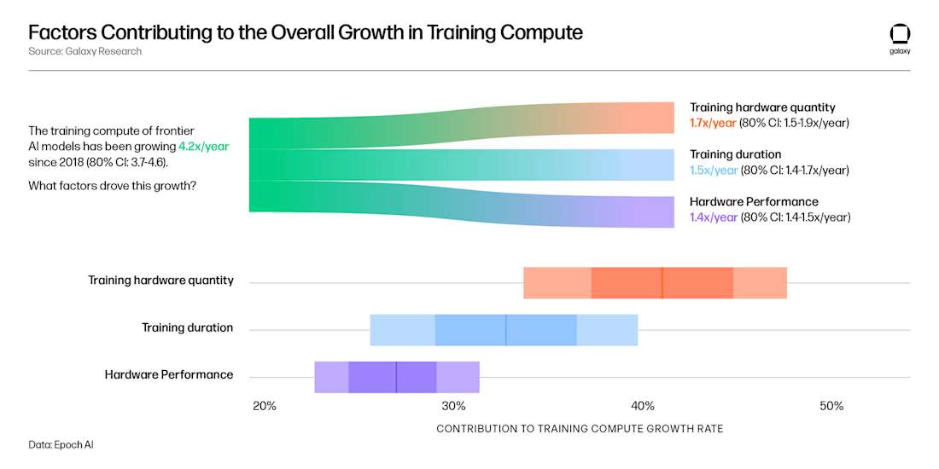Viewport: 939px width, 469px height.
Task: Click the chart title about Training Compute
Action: [306, 32]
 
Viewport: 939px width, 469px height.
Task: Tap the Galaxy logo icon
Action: [900, 34]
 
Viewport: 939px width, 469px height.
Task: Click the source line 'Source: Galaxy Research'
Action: [85, 51]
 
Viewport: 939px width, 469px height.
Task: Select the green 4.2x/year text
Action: [203, 146]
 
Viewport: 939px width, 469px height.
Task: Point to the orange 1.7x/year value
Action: [714, 123]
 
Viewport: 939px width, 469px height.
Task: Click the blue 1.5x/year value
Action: [714, 170]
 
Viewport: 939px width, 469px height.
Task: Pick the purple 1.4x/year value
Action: [714, 217]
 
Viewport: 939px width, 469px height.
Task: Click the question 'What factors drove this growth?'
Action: [112, 185]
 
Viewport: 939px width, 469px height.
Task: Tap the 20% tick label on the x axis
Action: [265, 406]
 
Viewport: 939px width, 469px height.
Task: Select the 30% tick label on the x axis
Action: [453, 406]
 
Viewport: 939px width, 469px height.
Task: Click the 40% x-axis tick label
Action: [643, 406]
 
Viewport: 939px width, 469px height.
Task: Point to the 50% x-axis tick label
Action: [831, 406]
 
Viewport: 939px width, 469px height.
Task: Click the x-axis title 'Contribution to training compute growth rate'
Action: [580, 429]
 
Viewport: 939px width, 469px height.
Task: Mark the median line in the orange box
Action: [662, 282]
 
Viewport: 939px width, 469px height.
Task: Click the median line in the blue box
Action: [506, 329]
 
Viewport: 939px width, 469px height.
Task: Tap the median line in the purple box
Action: [396, 376]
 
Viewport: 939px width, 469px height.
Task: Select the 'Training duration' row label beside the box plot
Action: [187, 327]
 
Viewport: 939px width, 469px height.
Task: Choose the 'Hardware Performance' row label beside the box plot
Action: [169, 374]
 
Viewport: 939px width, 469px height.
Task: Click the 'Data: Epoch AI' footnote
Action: [61, 444]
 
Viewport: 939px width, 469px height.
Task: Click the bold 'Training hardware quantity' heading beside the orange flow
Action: [762, 107]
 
